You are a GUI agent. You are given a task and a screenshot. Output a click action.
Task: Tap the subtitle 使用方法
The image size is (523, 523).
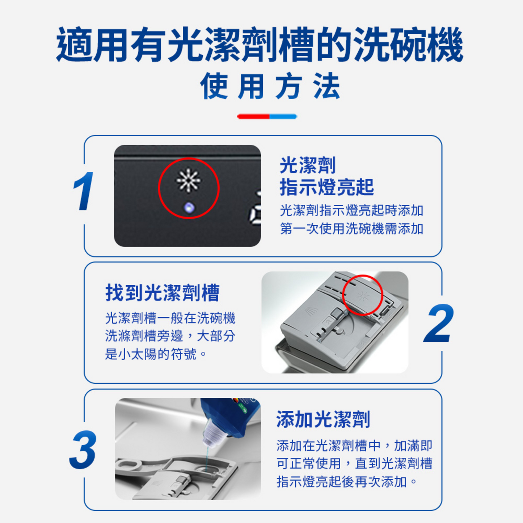(270, 86)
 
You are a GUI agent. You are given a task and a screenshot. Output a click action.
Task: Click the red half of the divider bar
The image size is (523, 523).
(253, 117)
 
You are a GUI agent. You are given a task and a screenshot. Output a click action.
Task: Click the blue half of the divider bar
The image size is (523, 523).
(283, 117)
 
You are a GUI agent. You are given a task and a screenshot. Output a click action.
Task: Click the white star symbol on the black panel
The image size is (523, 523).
(188, 181)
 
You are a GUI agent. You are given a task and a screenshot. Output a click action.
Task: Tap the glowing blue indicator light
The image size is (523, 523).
(189, 208)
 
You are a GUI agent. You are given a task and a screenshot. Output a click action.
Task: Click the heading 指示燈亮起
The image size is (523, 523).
(327, 187)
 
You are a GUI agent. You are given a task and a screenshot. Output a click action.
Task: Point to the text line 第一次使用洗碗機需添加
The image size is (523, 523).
(351, 228)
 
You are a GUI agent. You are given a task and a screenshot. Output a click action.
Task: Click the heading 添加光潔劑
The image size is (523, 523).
(323, 419)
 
